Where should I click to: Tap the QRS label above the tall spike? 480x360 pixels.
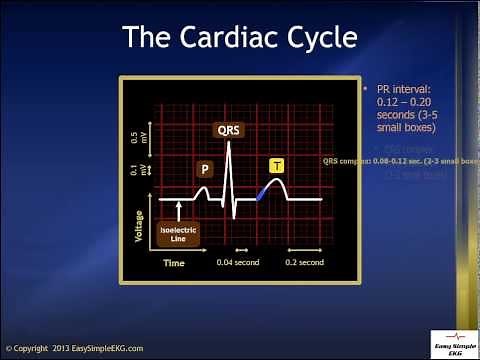coord(228,130)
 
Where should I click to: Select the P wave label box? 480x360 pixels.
coord(204,169)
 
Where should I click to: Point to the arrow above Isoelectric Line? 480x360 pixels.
coord(179,208)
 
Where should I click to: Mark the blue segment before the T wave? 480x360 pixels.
coord(262,192)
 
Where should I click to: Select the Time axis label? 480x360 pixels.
coord(174,263)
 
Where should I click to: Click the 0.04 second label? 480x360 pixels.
coord(237,263)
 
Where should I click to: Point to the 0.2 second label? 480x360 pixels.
coord(304,263)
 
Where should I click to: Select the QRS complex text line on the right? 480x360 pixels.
coord(400,161)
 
